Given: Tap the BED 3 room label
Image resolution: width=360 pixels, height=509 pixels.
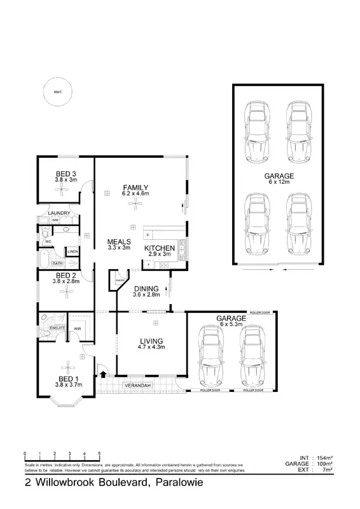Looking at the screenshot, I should pyautogui.click(x=66, y=174).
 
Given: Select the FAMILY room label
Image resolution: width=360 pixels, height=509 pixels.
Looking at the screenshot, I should pyautogui.click(x=135, y=187).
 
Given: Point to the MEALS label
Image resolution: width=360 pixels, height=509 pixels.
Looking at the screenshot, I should pyautogui.click(x=119, y=242).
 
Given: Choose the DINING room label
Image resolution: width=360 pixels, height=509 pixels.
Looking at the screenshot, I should pyautogui.click(x=146, y=288).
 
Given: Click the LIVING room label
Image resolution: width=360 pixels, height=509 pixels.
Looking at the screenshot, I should pyautogui.click(x=152, y=340).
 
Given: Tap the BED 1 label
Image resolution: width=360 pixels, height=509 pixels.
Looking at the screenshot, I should pyautogui.click(x=66, y=379).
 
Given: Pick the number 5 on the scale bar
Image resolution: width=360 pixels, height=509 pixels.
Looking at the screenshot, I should pyautogui.click(x=99, y=454).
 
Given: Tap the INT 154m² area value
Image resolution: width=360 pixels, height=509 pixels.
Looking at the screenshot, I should pyautogui.click(x=322, y=457).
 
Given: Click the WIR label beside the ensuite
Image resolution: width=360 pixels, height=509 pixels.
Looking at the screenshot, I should pyautogui.click(x=78, y=328).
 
